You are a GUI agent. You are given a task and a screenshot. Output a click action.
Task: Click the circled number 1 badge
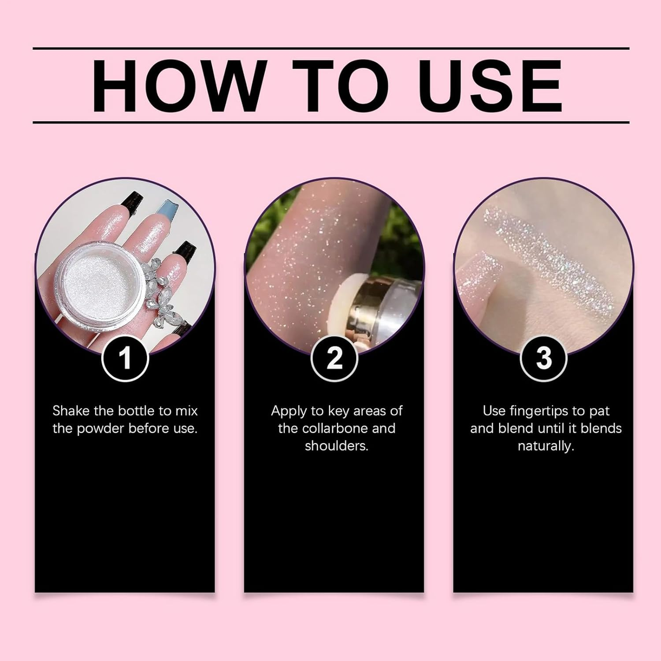125,358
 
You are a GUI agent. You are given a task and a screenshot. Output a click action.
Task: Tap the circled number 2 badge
334,358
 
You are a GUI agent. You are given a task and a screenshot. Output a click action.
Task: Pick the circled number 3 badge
543,358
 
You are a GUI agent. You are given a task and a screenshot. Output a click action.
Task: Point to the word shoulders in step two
336,446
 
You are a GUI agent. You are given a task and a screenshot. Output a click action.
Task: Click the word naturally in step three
546,446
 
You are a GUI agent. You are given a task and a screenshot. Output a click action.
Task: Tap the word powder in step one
100,428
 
